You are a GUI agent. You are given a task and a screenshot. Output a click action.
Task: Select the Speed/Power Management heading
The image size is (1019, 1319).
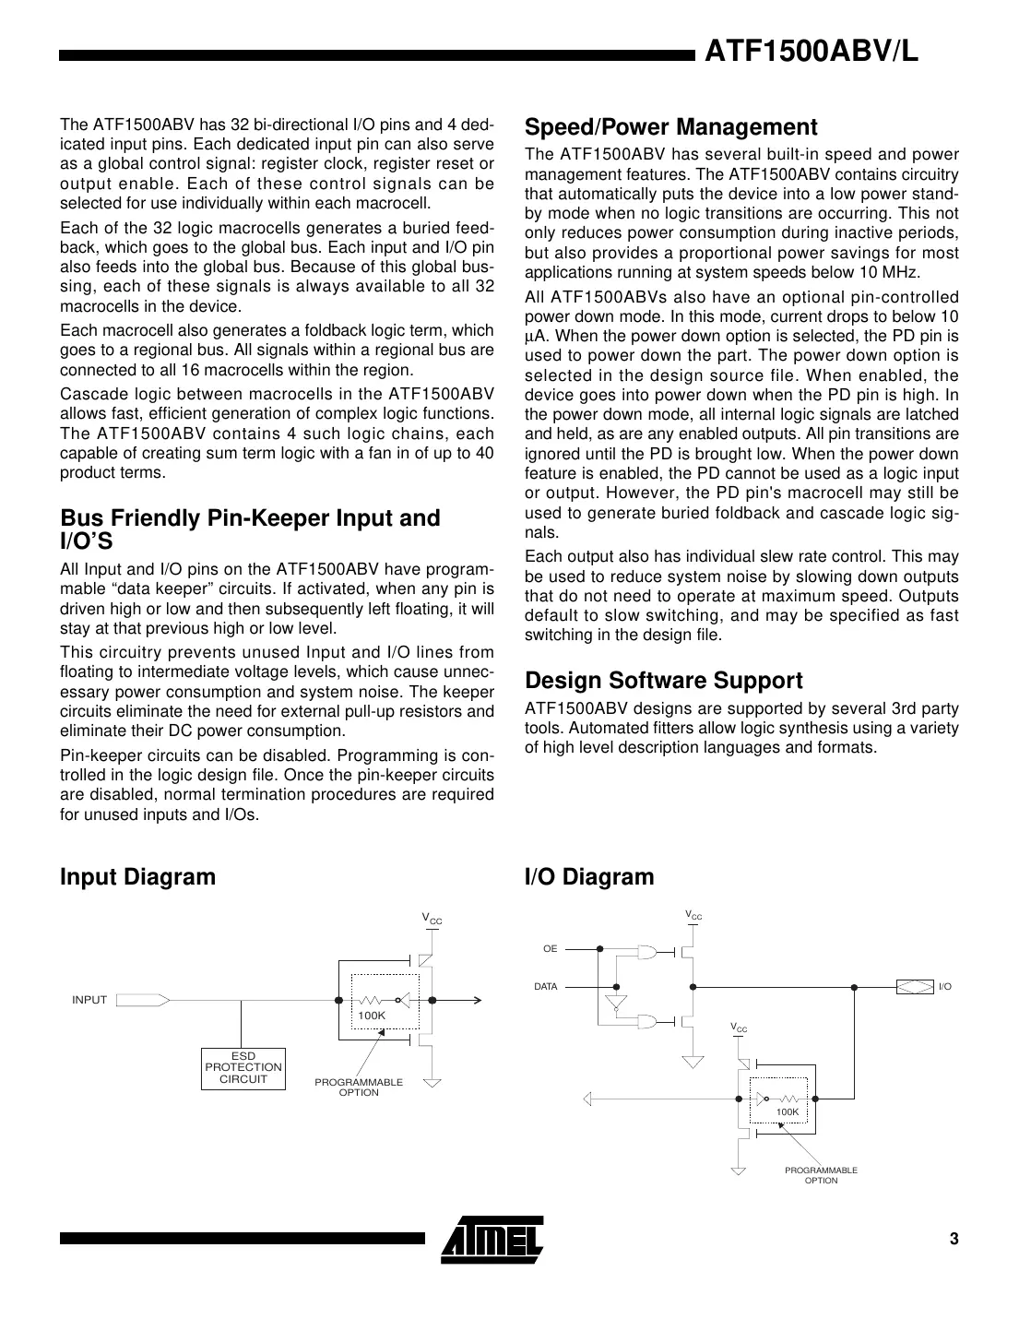click(x=670, y=127)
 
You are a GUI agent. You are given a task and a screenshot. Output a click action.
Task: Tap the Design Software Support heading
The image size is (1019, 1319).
click(x=663, y=681)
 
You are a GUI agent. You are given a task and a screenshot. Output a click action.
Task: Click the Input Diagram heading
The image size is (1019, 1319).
click(x=137, y=876)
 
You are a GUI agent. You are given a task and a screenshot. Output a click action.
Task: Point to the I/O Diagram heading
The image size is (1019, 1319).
click(x=588, y=876)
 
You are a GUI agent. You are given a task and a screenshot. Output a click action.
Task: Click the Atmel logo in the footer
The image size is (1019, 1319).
click(x=492, y=1238)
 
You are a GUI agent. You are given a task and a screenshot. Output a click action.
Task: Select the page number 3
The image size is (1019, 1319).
click(x=954, y=1239)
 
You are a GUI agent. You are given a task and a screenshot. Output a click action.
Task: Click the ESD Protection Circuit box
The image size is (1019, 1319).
click(x=243, y=1068)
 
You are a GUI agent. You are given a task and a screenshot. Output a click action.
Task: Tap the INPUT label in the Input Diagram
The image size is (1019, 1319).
click(x=89, y=1000)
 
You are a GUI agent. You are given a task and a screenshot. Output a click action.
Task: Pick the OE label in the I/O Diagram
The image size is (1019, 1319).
click(x=550, y=948)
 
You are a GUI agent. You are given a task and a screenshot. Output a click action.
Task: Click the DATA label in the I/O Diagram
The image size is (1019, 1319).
click(x=546, y=987)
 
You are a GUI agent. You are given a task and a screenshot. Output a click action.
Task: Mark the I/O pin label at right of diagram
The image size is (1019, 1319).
click(x=944, y=987)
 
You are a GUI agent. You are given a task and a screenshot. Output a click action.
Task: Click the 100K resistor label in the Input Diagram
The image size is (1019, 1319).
click(x=372, y=1016)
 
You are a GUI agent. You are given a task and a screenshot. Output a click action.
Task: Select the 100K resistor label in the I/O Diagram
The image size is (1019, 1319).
click(x=788, y=1112)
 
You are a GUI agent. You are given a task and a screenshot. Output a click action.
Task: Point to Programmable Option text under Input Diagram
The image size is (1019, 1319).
click(x=359, y=1087)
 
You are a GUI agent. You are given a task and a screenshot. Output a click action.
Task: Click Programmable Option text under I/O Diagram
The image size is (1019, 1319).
click(x=821, y=1175)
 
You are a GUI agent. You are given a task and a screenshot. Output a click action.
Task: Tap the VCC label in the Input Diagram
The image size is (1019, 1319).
click(x=432, y=919)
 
